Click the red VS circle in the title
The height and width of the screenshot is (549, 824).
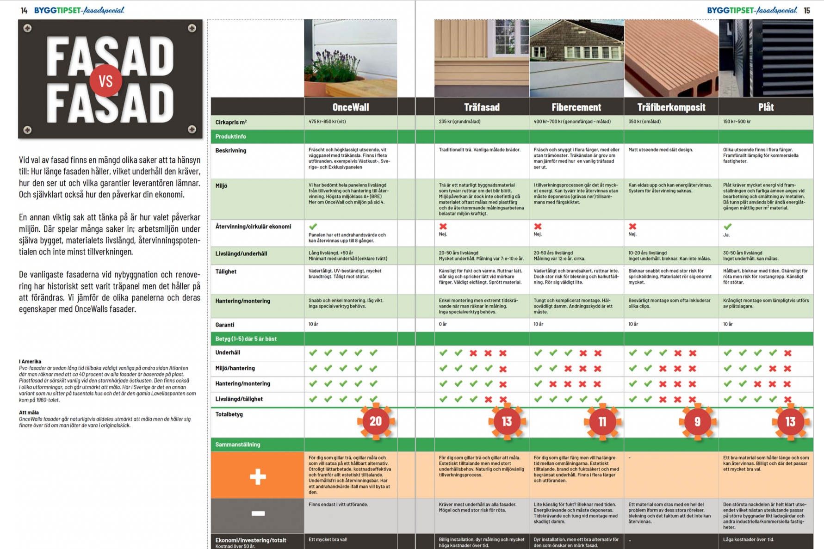[x=105, y=81]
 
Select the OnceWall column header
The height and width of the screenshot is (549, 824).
[x=351, y=107]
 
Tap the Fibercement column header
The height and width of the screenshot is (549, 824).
[x=576, y=107]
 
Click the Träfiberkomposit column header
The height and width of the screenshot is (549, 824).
[x=671, y=107]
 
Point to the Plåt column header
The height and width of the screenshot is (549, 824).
[x=766, y=107]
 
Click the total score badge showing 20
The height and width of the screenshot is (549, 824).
[x=375, y=421]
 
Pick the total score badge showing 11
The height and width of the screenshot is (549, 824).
[x=602, y=421]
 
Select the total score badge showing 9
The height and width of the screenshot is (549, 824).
[x=697, y=421]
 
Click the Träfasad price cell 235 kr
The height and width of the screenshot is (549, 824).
[x=459, y=122]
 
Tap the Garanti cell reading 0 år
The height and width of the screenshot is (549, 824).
[x=443, y=324]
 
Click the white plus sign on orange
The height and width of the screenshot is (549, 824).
[x=258, y=476]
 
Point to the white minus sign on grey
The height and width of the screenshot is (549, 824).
[x=258, y=513]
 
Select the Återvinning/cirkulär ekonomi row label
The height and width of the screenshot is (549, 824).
[x=253, y=227]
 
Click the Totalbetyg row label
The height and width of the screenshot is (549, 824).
[x=229, y=414]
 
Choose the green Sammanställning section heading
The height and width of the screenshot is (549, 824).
[x=238, y=444]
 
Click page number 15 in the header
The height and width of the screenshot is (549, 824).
[x=807, y=10]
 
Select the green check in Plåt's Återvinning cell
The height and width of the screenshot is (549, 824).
[x=727, y=227]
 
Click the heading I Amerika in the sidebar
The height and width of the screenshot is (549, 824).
[x=30, y=362]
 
